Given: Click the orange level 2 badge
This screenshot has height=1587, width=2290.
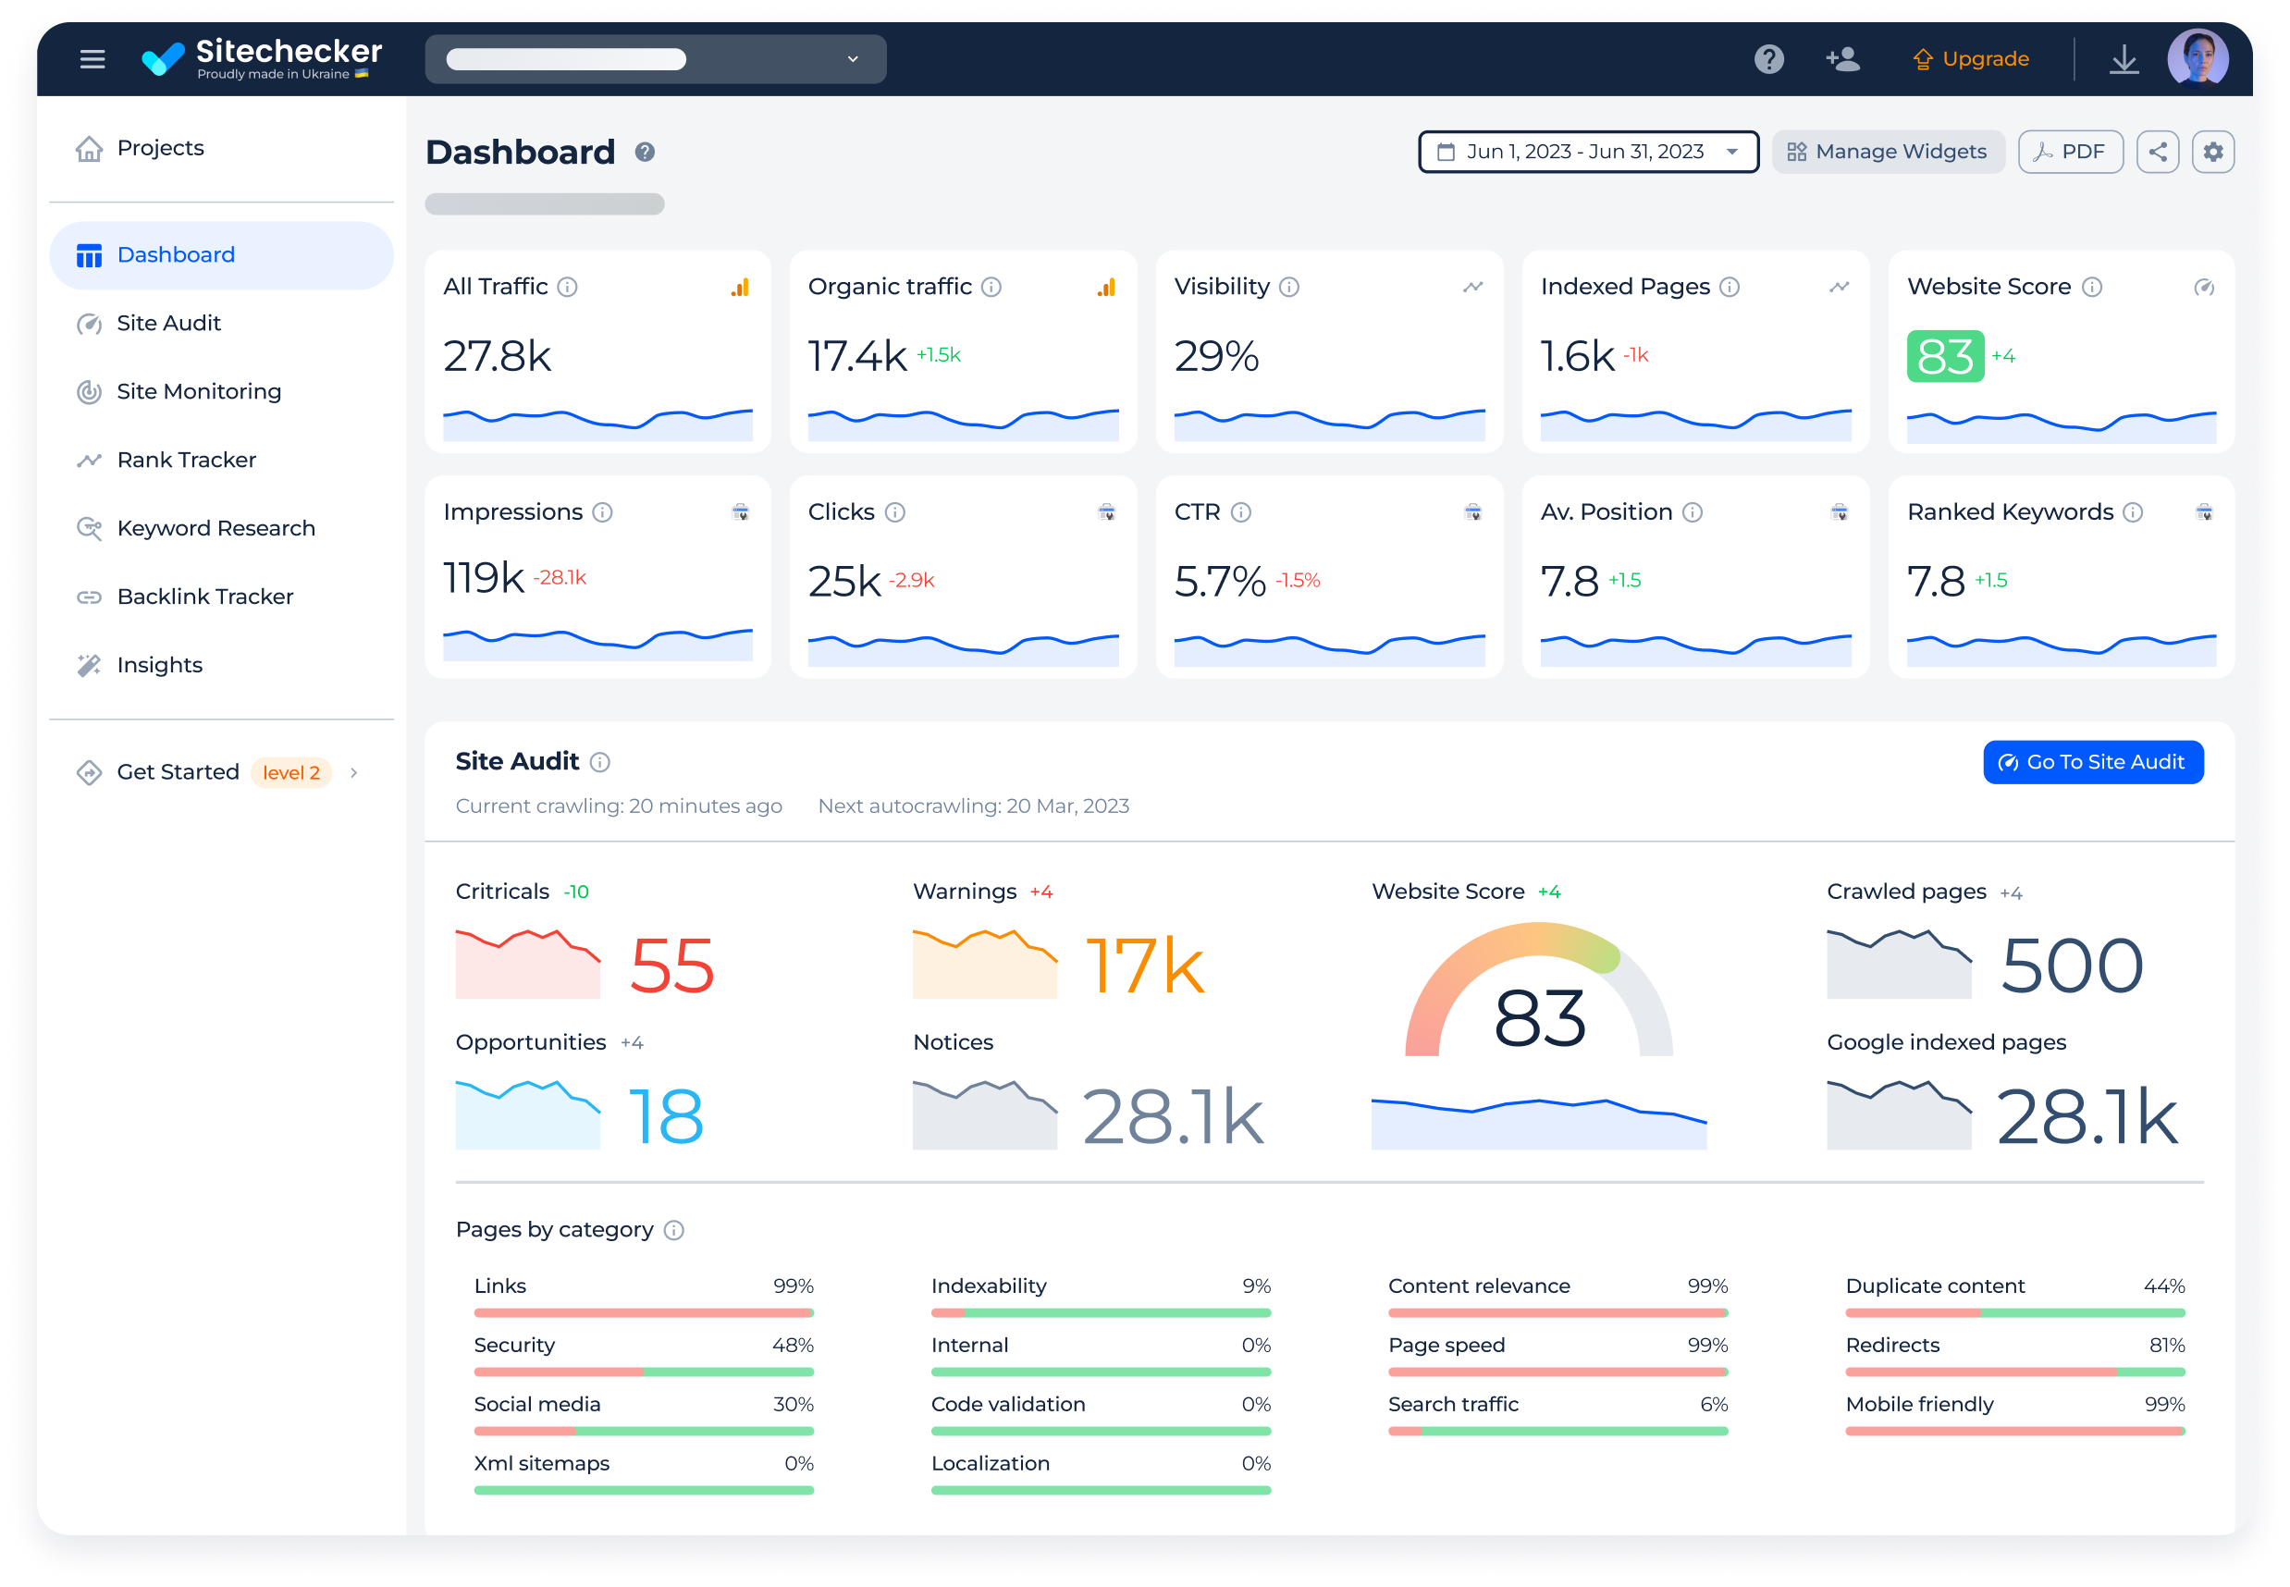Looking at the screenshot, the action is click(291, 772).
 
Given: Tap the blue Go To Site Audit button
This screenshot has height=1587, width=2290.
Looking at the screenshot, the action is click(2092, 763).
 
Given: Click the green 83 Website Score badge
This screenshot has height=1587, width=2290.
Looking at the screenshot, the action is click(1944, 356).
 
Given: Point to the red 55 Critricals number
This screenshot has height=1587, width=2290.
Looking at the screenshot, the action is click(672, 966).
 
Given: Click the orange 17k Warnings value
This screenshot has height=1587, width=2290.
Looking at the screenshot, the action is click(1144, 966).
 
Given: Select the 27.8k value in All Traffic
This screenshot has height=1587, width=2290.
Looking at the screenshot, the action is click(498, 356).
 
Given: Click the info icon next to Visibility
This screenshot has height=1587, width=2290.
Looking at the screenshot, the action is click(1289, 288).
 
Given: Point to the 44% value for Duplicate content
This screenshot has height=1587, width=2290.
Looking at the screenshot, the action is click(2163, 1286).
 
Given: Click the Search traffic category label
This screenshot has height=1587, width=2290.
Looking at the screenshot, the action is click(1453, 1404).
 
